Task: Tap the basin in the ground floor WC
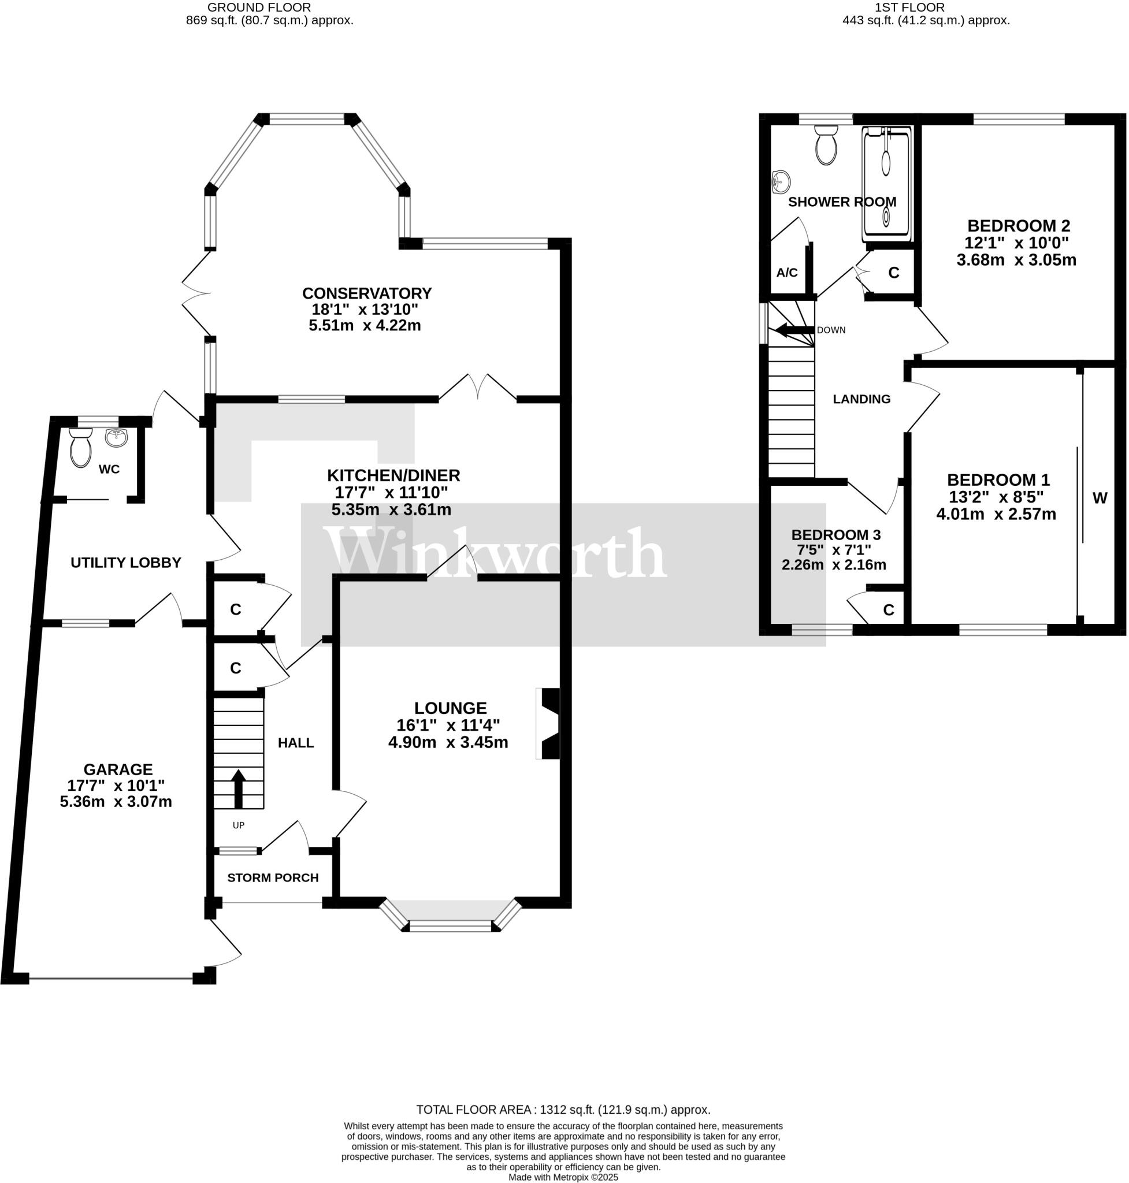117,438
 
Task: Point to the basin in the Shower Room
781,181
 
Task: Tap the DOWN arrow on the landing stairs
793,330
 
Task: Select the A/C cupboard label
786,273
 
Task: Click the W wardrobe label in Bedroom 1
1100,499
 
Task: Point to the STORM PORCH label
273,878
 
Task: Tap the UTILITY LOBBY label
126,563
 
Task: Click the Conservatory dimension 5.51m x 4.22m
365,326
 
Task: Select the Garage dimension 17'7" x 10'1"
116,786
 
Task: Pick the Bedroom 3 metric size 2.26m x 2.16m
834,565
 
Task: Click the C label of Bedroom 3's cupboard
889,610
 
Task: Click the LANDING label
861,399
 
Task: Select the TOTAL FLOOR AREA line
563,1110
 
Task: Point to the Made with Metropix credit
563,1177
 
